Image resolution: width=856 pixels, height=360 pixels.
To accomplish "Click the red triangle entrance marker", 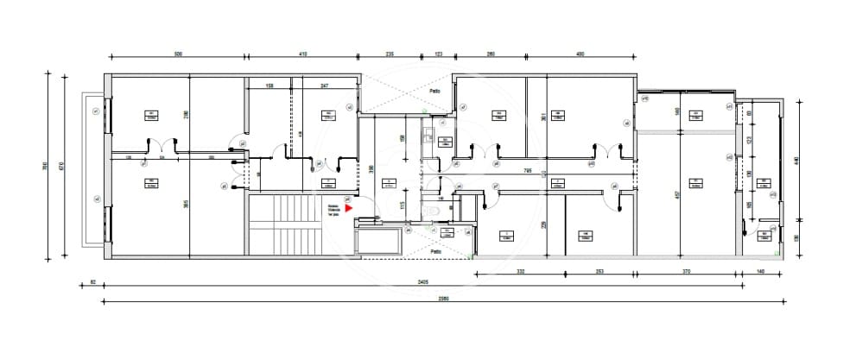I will [x=348, y=207].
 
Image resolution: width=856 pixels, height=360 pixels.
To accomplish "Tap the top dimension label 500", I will [x=178, y=54].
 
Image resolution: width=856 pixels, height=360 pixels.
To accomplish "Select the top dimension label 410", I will [x=303, y=54].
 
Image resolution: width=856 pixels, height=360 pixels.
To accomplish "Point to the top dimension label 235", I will [x=390, y=54].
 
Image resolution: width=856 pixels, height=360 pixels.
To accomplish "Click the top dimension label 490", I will [x=580, y=54].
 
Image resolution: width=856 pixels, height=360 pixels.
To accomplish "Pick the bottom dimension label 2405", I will [x=422, y=282].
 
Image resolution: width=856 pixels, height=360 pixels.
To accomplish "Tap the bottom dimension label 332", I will [x=521, y=271].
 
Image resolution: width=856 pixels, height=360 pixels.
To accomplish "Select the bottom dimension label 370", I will [x=687, y=271].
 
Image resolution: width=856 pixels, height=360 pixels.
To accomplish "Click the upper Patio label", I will [x=436, y=89].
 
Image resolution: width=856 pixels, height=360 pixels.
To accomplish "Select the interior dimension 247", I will [x=324, y=85].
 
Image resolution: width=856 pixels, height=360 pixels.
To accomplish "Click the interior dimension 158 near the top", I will [x=270, y=85].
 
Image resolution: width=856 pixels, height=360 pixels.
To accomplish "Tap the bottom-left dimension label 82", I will [x=93, y=282].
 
